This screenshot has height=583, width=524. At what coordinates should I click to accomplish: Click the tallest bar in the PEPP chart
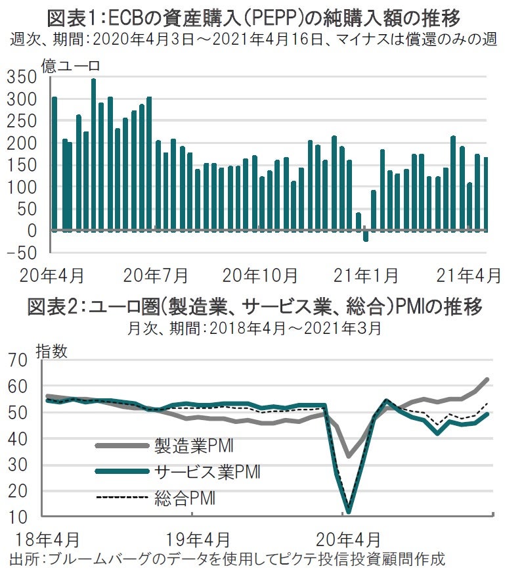click(93, 154)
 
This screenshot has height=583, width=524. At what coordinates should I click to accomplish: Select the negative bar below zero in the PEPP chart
click(366, 236)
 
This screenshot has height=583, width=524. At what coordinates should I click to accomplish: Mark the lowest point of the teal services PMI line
click(349, 511)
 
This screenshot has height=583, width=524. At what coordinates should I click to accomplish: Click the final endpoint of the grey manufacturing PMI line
click(487, 379)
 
